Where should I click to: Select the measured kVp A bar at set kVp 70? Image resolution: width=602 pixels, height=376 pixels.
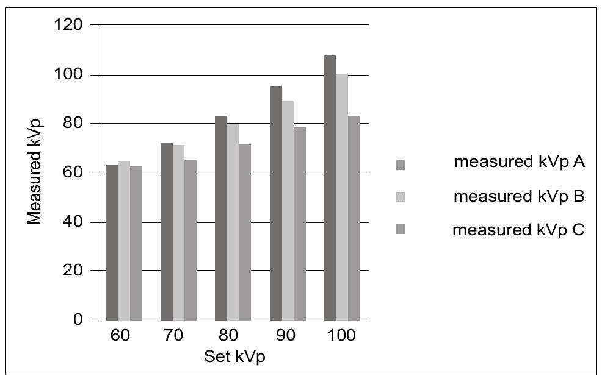(x=167, y=232)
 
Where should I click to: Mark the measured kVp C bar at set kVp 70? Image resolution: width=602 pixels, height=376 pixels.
(x=190, y=240)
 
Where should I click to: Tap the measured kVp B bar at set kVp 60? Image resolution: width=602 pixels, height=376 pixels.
(x=124, y=240)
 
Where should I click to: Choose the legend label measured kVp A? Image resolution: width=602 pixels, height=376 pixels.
(x=520, y=162)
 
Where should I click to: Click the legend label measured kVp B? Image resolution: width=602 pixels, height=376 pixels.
(x=520, y=197)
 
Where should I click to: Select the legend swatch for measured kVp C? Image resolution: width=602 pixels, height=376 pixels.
(x=401, y=230)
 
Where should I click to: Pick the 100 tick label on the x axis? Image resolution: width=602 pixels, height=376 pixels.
(x=341, y=337)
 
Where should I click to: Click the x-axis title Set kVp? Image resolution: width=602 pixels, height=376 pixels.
(x=234, y=356)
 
